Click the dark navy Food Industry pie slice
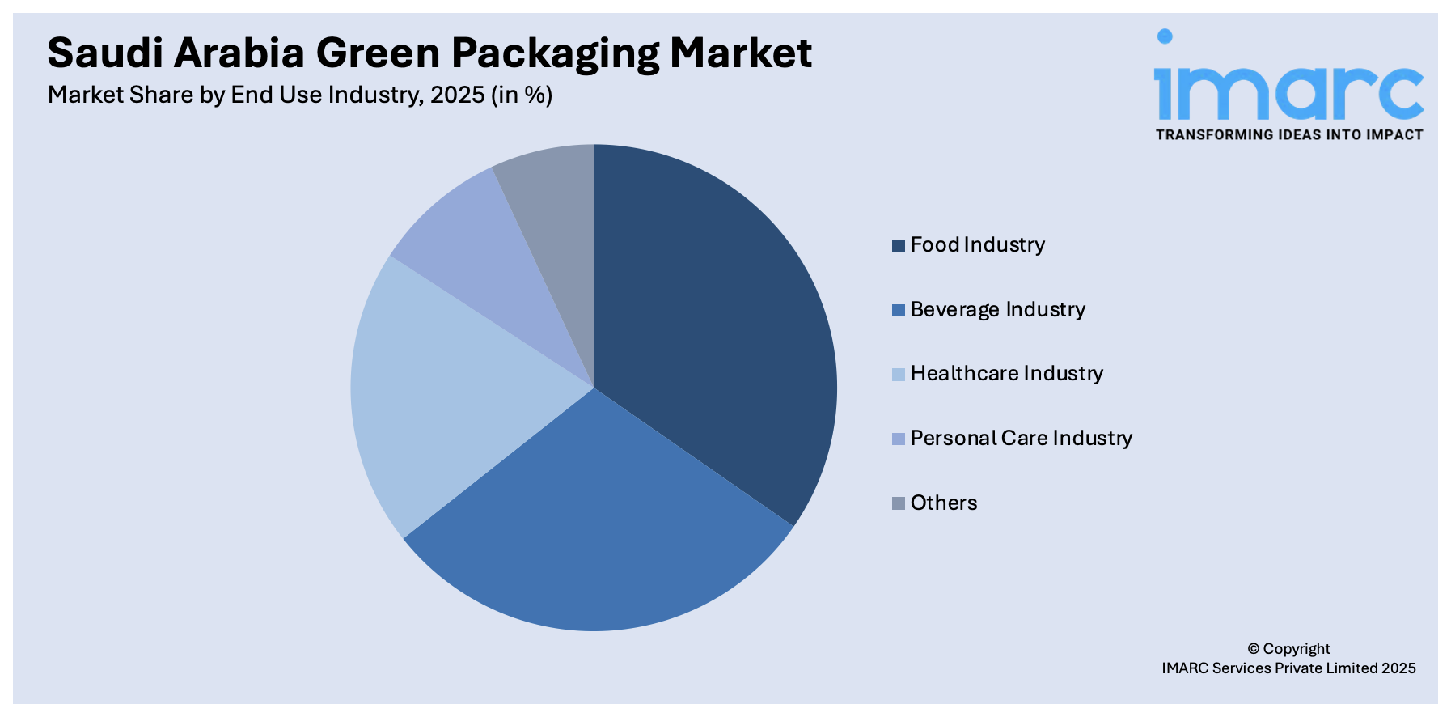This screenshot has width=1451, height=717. point(712,324)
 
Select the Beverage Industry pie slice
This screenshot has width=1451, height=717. point(599,526)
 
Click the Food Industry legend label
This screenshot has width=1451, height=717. point(977,244)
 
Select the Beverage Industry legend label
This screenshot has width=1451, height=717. point(997,309)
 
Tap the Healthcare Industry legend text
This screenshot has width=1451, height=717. point(1006,373)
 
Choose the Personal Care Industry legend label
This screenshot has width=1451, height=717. point(1021,438)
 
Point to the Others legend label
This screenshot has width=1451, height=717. point(943,503)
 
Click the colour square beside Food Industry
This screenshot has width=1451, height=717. point(898,245)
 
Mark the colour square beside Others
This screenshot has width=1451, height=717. point(898,503)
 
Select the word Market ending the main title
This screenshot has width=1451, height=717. point(740,53)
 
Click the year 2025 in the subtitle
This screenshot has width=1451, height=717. point(457,95)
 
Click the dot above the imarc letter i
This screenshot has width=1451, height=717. point(1164,36)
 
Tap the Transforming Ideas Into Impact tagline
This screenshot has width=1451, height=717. point(1288,135)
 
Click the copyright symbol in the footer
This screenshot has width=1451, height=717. point(1253,649)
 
